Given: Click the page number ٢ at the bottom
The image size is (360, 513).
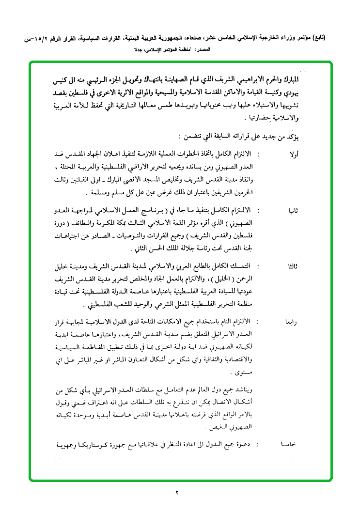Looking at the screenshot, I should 177,493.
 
